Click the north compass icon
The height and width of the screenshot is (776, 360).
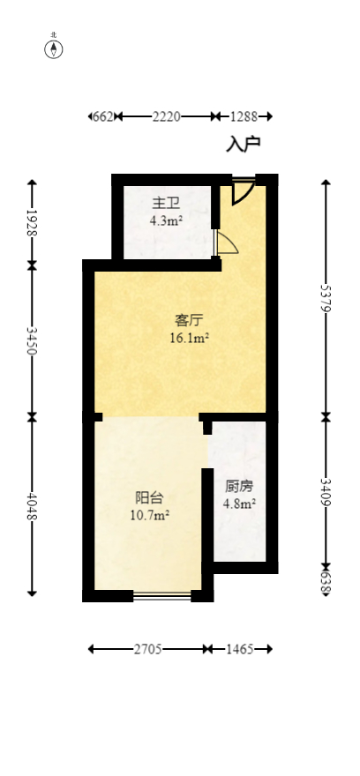point(54,48)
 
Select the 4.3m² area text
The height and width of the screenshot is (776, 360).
point(166,221)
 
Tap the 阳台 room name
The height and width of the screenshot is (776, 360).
point(149,497)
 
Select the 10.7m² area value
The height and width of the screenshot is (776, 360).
point(149,515)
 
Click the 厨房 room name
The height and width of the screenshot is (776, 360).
point(239,487)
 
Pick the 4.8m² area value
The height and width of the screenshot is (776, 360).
point(239,504)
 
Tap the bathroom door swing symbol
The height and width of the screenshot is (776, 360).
point(226,242)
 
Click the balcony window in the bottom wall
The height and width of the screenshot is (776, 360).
point(161,597)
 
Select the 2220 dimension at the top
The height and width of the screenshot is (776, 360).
point(166,116)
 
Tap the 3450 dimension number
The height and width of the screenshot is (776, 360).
point(33,339)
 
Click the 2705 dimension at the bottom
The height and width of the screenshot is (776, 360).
point(147,649)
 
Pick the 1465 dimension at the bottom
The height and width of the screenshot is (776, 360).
point(239,649)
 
